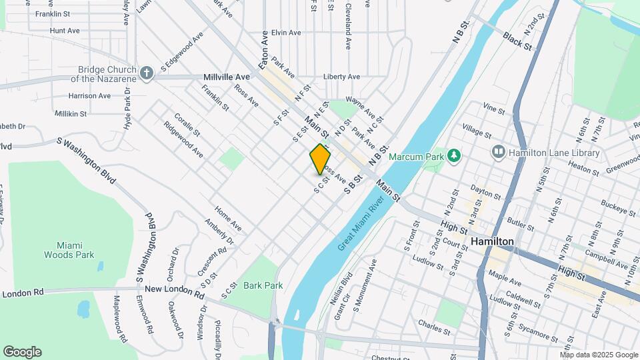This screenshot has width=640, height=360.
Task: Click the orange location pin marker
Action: tap(320, 159)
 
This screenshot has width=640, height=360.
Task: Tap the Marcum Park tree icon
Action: tap(454, 155)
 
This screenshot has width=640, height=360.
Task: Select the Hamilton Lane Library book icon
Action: tap(498, 153)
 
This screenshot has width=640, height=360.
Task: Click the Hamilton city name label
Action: tap(492, 241)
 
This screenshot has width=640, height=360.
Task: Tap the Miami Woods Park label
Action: tap(69, 250)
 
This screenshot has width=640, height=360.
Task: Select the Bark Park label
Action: tap(263, 285)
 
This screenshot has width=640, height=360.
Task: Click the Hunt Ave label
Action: tap(65, 31)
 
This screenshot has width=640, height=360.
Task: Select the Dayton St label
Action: tap(485, 193)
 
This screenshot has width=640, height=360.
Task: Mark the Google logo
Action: tap(22, 352)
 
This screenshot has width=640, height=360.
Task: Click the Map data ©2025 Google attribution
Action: tap(599, 355)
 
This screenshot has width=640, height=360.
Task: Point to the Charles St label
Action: tap(435, 327)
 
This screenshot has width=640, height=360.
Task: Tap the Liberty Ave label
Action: tap(341, 77)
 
